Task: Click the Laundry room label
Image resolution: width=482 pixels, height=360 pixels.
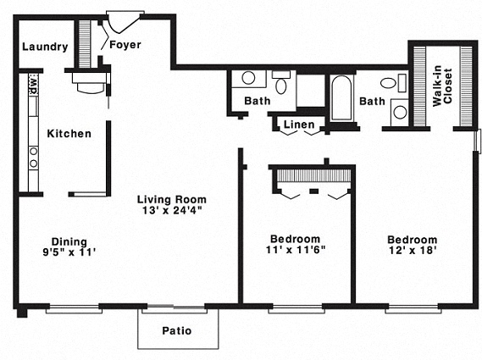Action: click(x=45, y=47)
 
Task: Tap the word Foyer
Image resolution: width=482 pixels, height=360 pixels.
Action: click(x=125, y=44)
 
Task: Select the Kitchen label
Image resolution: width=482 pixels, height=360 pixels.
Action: click(x=69, y=133)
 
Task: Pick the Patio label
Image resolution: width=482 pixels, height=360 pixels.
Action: click(x=176, y=330)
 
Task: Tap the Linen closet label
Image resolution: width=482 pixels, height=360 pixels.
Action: click(x=299, y=125)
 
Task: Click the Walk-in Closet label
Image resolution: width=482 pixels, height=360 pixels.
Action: click(x=441, y=84)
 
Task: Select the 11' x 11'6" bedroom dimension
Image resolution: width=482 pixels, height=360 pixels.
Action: click(x=296, y=251)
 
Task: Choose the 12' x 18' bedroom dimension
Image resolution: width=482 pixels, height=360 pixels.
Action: click(x=413, y=252)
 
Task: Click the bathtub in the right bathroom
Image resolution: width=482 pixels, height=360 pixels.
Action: click(x=342, y=99)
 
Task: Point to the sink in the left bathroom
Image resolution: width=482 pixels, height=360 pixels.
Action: click(x=248, y=78)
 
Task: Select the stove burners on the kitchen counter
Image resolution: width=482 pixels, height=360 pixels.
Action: click(x=34, y=157)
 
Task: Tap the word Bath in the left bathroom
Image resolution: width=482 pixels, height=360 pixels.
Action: click(x=257, y=102)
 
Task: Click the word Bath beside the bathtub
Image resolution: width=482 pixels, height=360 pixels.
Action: click(x=372, y=102)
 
